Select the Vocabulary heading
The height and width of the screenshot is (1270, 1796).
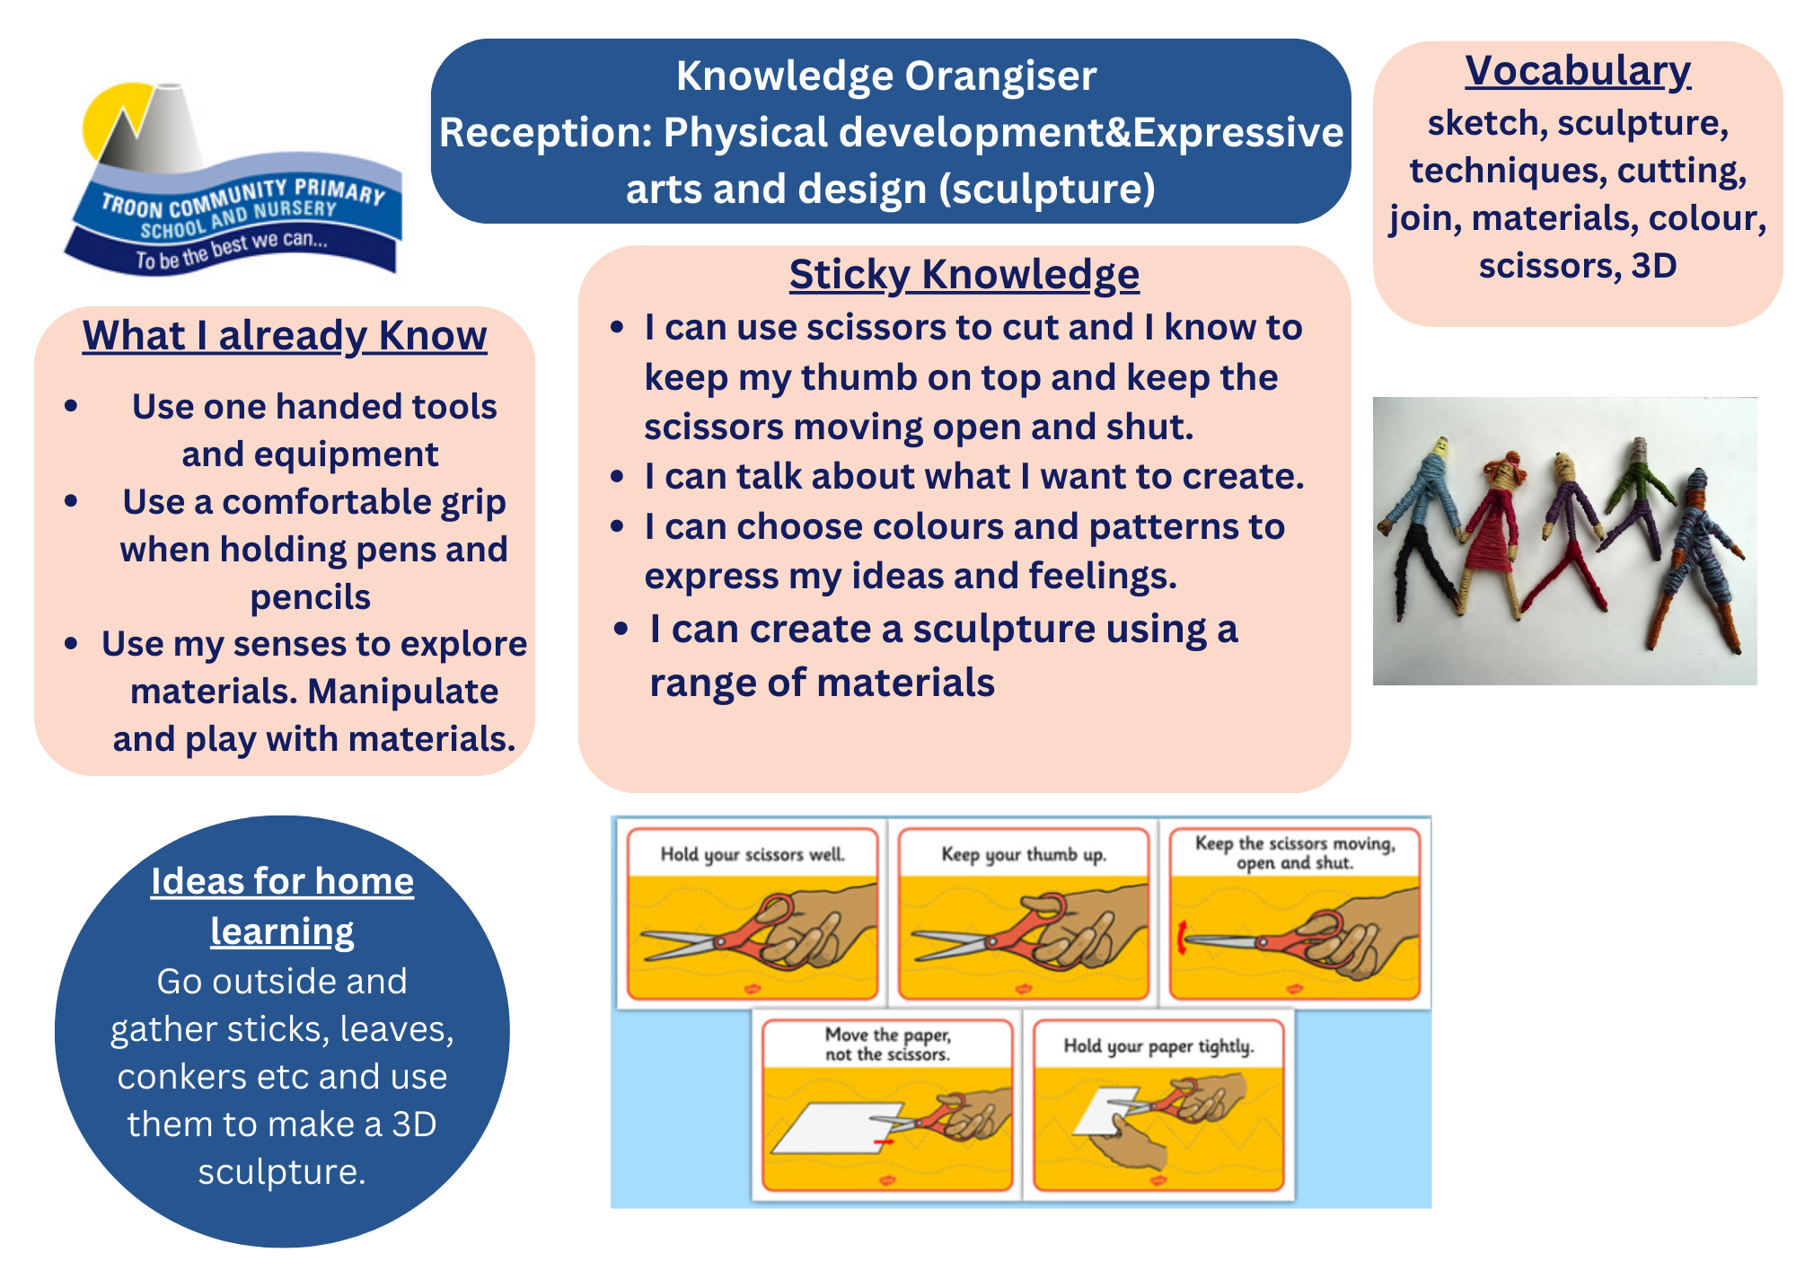(x=1578, y=72)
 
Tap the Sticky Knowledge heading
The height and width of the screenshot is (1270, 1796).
(x=964, y=275)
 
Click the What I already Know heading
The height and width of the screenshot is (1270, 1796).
(x=285, y=337)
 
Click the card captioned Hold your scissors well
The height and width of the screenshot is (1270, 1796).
(x=753, y=913)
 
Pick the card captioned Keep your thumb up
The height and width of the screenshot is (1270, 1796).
(x=1024, y=913)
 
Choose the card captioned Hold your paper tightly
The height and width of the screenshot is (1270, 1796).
(x=1158, y=1105)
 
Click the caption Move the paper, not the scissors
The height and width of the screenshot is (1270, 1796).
(x=888, y=1045)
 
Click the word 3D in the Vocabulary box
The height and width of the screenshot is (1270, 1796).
(x=1654, y=266)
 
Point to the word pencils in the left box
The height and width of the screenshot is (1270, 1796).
(x=310, y=597)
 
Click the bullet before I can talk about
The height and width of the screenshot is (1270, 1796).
(x=617, y=476)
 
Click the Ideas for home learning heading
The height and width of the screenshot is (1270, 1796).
(x=282, y=906)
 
